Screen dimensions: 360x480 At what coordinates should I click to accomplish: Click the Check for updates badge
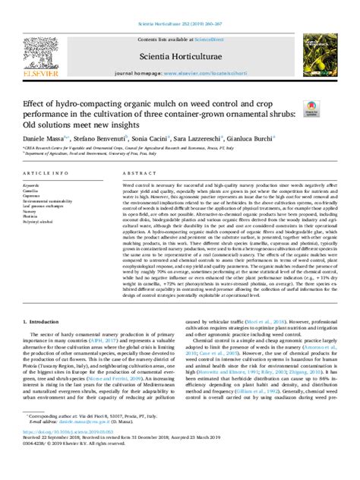tap(313, 111)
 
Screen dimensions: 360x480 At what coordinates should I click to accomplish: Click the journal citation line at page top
tap(180, 7)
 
